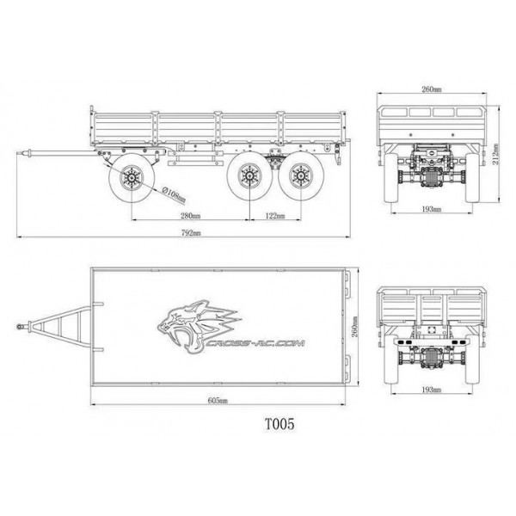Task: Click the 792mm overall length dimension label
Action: (x=191, y=233)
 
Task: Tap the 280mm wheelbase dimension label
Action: (x=191, y=216)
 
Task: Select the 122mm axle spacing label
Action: (x=275, y=216)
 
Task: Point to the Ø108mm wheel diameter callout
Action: (x=174, y=195)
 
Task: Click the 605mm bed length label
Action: (x=218, y=401)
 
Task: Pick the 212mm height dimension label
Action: (x=495, y=154)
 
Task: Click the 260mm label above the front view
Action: (x=432, y=89)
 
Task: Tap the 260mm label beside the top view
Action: (x=354, y=327)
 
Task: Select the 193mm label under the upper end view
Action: (x=432, y=209)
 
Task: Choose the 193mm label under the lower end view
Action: (x=432, y=390)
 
